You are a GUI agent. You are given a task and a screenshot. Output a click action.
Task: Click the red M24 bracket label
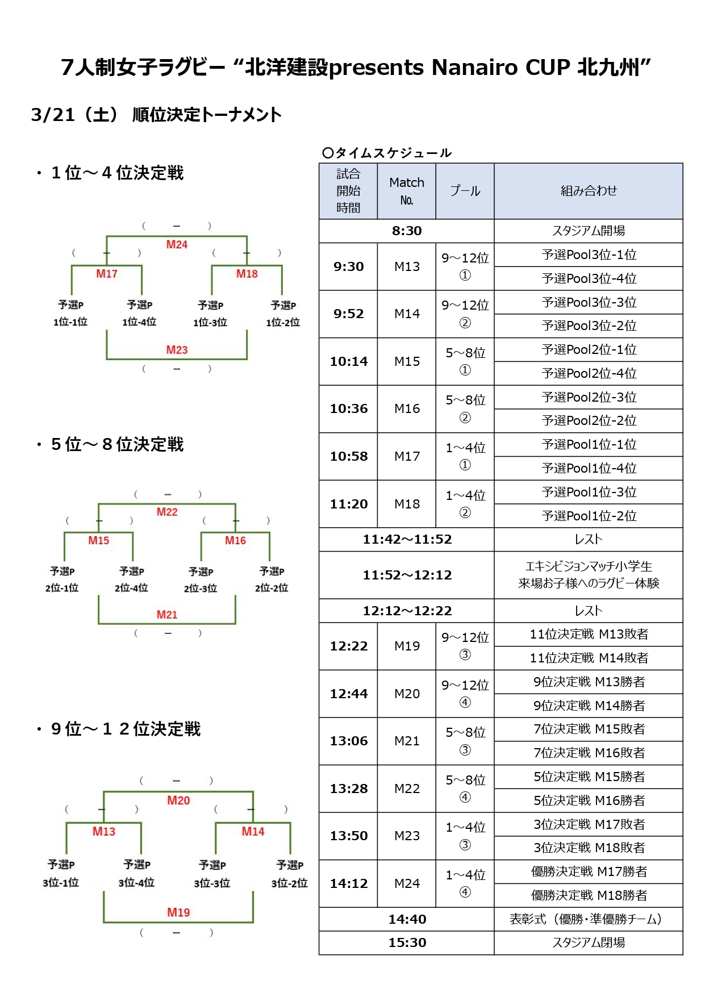[x=177, y=244]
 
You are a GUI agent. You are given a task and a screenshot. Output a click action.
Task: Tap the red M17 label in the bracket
[x=107, y=274]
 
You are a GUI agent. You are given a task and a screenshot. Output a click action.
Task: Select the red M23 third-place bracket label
[x=177, y=350]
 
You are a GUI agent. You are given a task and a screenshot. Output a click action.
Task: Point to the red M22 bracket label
[x=167, y=512]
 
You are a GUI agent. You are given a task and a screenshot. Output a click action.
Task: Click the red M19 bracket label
[x=178, y=912]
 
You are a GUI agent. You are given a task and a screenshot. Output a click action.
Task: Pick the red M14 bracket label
[x=253, y=832]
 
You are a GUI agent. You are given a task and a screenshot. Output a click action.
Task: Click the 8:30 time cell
[x=406, y=231]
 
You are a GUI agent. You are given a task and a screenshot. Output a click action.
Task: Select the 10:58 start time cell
[x=348, y=456]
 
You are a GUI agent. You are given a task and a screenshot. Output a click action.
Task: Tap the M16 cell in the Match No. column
[x=407, y=409]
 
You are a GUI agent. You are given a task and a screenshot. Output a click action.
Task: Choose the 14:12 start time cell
[x=348, y=883]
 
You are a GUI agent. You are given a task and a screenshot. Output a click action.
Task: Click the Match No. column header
[x=407, y=191]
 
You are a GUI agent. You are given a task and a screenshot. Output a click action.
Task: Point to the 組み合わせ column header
[x=589, y=191]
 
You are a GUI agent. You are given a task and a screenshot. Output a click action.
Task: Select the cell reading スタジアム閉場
[x=589, y=942]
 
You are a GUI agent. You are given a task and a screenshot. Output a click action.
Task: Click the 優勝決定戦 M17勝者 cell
[x=589, y=871]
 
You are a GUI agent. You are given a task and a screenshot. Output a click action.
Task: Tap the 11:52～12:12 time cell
[x=407, y=575]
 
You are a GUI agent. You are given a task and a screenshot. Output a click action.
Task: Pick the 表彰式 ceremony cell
[x=589, y=919]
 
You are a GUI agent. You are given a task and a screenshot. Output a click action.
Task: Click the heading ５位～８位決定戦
[x=117, y=444]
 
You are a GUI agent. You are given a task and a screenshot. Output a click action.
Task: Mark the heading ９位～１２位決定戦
[x=126, y=729]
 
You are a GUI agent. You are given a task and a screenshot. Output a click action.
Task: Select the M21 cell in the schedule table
[x=407, y=741]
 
